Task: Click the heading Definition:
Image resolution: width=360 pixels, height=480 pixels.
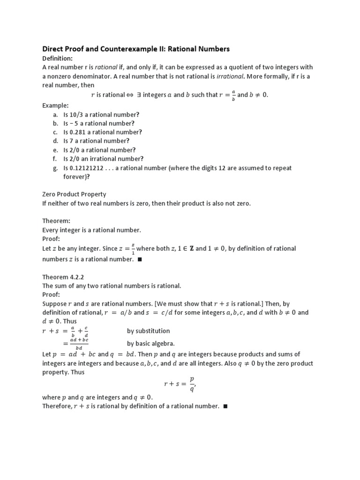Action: pos(57,58)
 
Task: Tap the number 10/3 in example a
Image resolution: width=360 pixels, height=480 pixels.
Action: pos(78,115)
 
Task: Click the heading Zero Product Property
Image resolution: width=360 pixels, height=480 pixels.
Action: pos(74,195)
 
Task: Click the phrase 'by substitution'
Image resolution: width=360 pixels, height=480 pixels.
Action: pos(148,331)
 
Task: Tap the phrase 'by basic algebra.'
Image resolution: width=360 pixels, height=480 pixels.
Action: pos(151,344)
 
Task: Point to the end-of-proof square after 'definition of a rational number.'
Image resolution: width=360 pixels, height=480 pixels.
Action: pos(225,406)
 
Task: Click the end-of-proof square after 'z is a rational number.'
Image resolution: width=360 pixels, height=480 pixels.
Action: pos(140,259)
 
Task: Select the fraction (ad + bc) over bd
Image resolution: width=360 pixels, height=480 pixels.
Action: pos(78,344)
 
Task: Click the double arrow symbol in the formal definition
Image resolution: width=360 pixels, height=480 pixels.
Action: pos(130,95)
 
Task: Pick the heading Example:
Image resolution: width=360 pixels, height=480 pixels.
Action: pos(55,106)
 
